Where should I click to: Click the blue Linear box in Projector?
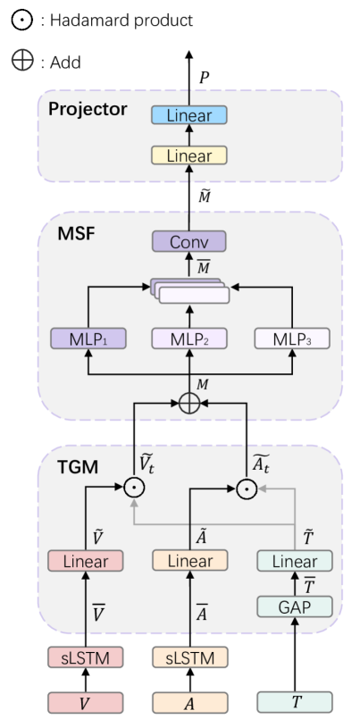(189, 116)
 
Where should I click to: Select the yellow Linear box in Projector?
(189, 155)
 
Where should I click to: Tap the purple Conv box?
(189, 241)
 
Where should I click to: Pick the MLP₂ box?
(189, 339)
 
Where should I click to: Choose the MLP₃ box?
(291, 339)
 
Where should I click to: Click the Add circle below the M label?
(189, 403)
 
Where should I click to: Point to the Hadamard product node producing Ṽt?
(134, 488)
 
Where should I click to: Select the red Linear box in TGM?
(86, 562)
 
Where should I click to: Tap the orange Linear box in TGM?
(189, 562)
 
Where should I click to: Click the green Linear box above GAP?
(295, 562)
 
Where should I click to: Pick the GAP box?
(295, 607)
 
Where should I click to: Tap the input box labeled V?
(86, 700)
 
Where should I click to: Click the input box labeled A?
(189, 700)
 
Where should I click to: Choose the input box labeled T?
(295, 700)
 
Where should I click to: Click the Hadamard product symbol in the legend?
(21, 20)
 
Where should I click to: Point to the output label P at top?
(205, 79)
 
